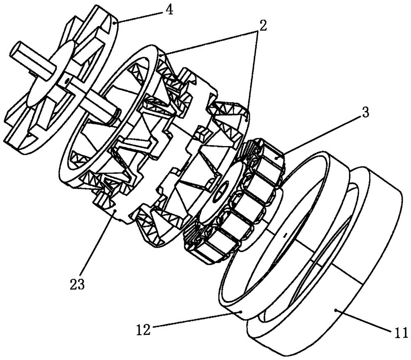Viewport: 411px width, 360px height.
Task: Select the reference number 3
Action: click(x=365, y=112)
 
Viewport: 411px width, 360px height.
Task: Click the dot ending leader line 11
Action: click(x=336, y=310)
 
